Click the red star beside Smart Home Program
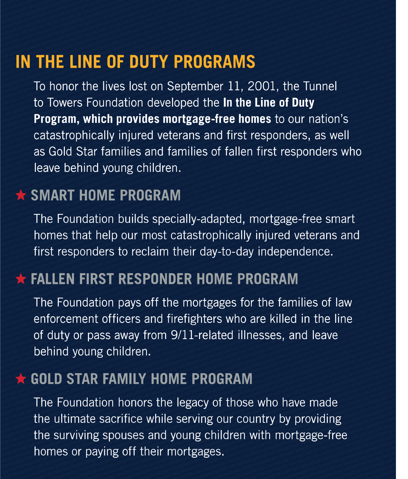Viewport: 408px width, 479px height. click(21, 195)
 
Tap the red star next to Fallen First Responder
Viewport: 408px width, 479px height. click(21, 279)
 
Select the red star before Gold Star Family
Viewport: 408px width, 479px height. click(21, 379)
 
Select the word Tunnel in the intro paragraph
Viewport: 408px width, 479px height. click(320, 86)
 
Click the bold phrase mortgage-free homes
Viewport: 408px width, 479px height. click(217, 119)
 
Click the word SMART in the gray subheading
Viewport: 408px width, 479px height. click(52, 196)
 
